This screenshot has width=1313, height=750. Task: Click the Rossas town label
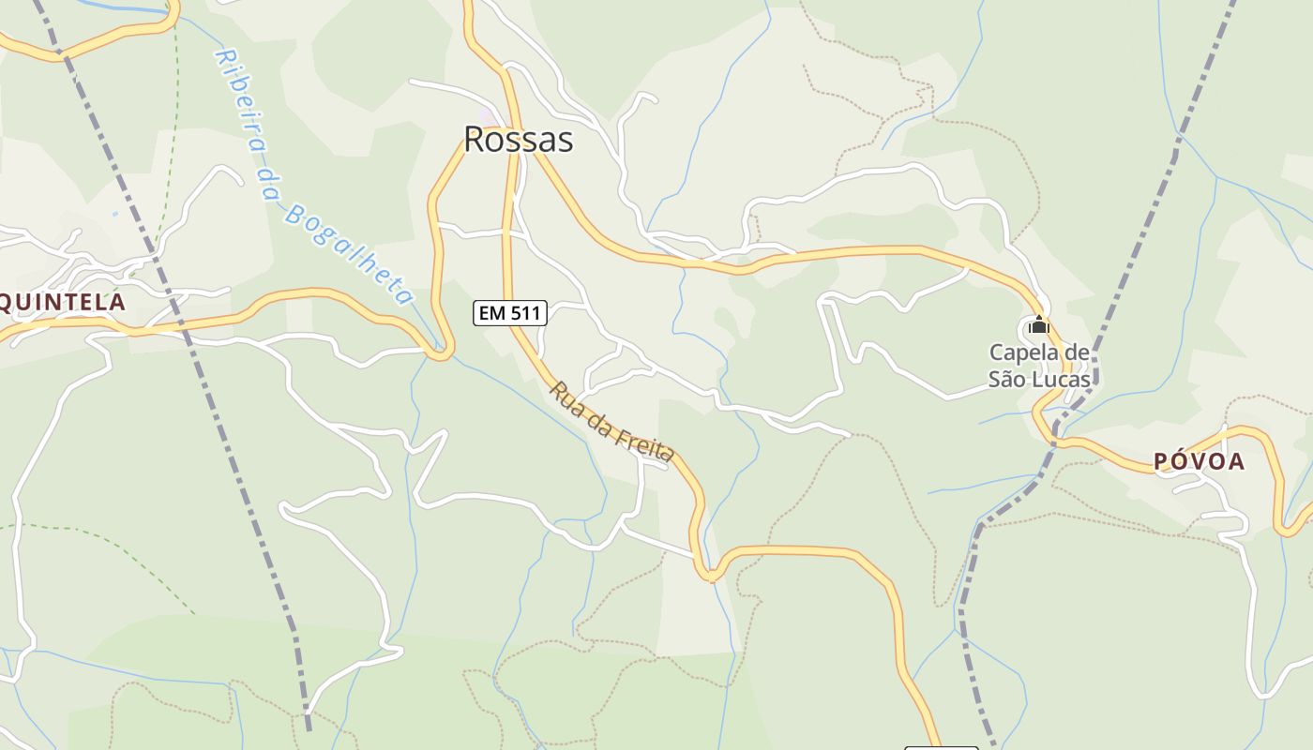pyautogui.click(x=518, y=140)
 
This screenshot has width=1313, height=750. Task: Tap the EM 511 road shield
pyautogui.click(x=510, y=313)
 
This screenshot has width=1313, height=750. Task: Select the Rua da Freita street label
pyautogui.click(x=611, y=421)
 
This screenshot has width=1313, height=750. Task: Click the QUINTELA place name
pyautogui.click(x=62, y=302)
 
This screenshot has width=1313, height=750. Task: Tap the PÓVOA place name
pyautogui.click(x=1199, y=461)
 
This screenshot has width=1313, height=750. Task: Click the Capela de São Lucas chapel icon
pyautogui.click(x=1038, y=326)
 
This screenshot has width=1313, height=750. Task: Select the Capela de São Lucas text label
pyautogui.click(x=1039, y=367)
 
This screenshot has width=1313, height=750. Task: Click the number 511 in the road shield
pyautogui.click(x=526, y=313)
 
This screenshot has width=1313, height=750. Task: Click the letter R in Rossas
pyautogui.click(x=475, y=140)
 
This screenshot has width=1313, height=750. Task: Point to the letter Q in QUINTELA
pyautogui.click(x=7, y=302)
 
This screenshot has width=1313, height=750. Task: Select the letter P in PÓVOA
pyautogui.click(x=1159, y=461)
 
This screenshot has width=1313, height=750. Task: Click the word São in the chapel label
pyautogui.click(x=1007, y=380)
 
